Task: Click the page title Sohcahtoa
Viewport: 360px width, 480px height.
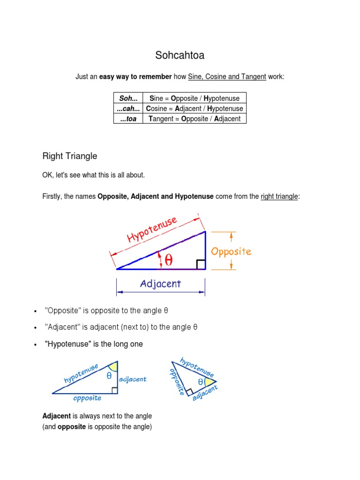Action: coord(180,56)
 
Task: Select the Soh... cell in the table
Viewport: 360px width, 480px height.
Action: coord(128,98)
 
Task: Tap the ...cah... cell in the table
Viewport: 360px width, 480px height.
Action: coord(128,109)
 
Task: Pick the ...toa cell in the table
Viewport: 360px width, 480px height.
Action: coord(128,119)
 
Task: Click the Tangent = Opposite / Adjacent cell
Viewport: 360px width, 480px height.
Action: coord(194,119)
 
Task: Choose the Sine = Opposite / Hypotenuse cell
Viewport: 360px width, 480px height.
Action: coord(194,98)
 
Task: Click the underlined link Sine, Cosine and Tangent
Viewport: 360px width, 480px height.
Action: coord(227,76)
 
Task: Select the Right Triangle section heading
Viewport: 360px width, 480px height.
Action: coord(70,156)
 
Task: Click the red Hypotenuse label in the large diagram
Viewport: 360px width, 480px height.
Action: coord(152,230)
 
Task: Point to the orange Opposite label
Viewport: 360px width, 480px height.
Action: coord(231,251)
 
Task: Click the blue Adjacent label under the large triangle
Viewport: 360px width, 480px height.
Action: coord(160,284)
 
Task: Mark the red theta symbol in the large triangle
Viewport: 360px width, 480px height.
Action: coord(168,261)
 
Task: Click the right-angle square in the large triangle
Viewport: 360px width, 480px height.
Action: coord(201,265)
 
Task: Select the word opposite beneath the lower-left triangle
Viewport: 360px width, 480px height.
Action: coord(87,398)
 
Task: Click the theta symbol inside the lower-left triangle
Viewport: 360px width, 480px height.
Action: coord(109,375)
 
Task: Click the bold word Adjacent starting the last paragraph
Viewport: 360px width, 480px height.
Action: coord(56,416)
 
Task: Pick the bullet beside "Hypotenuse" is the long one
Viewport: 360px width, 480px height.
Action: coord(35,345)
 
